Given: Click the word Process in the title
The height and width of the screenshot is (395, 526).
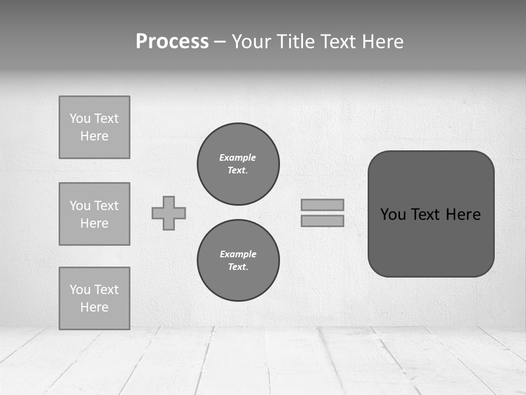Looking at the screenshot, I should click(x=172, y=42).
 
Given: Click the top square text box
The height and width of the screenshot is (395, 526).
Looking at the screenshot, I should click(x=94, y=127).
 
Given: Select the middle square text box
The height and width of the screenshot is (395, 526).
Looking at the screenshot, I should click(x=94, y=214).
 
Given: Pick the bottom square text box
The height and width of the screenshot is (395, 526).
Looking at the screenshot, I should click(x=94, y=298).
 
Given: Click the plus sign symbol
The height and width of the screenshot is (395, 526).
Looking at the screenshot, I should click(x=169, y=213).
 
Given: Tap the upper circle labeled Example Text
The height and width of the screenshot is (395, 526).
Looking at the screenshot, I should click(x=238, y=164).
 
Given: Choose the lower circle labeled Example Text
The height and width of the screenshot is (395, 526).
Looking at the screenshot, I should click(x=238, y=261).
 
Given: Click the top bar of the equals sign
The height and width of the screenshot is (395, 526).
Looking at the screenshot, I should click(x=323, y=205).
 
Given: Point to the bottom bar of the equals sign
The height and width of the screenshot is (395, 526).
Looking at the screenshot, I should click(x=323, y=221).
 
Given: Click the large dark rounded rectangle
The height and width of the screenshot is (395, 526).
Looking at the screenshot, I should click(x=431, y=241).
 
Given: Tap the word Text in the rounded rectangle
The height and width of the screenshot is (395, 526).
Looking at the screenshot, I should click(x=425, y=215).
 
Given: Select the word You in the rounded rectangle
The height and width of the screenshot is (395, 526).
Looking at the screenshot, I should click(x=393, y=215).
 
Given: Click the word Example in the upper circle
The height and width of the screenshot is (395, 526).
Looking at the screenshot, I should click(x=238, y=157).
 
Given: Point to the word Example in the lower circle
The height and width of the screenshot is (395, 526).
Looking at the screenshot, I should click(x=238, y=254).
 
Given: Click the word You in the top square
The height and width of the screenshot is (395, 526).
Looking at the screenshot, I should click(x=80, y=119).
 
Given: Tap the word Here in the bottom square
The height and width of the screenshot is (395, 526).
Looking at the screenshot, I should click(x=94, y=307).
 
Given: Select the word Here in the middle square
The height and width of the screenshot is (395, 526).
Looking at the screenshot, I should click(x=94, y=223).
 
